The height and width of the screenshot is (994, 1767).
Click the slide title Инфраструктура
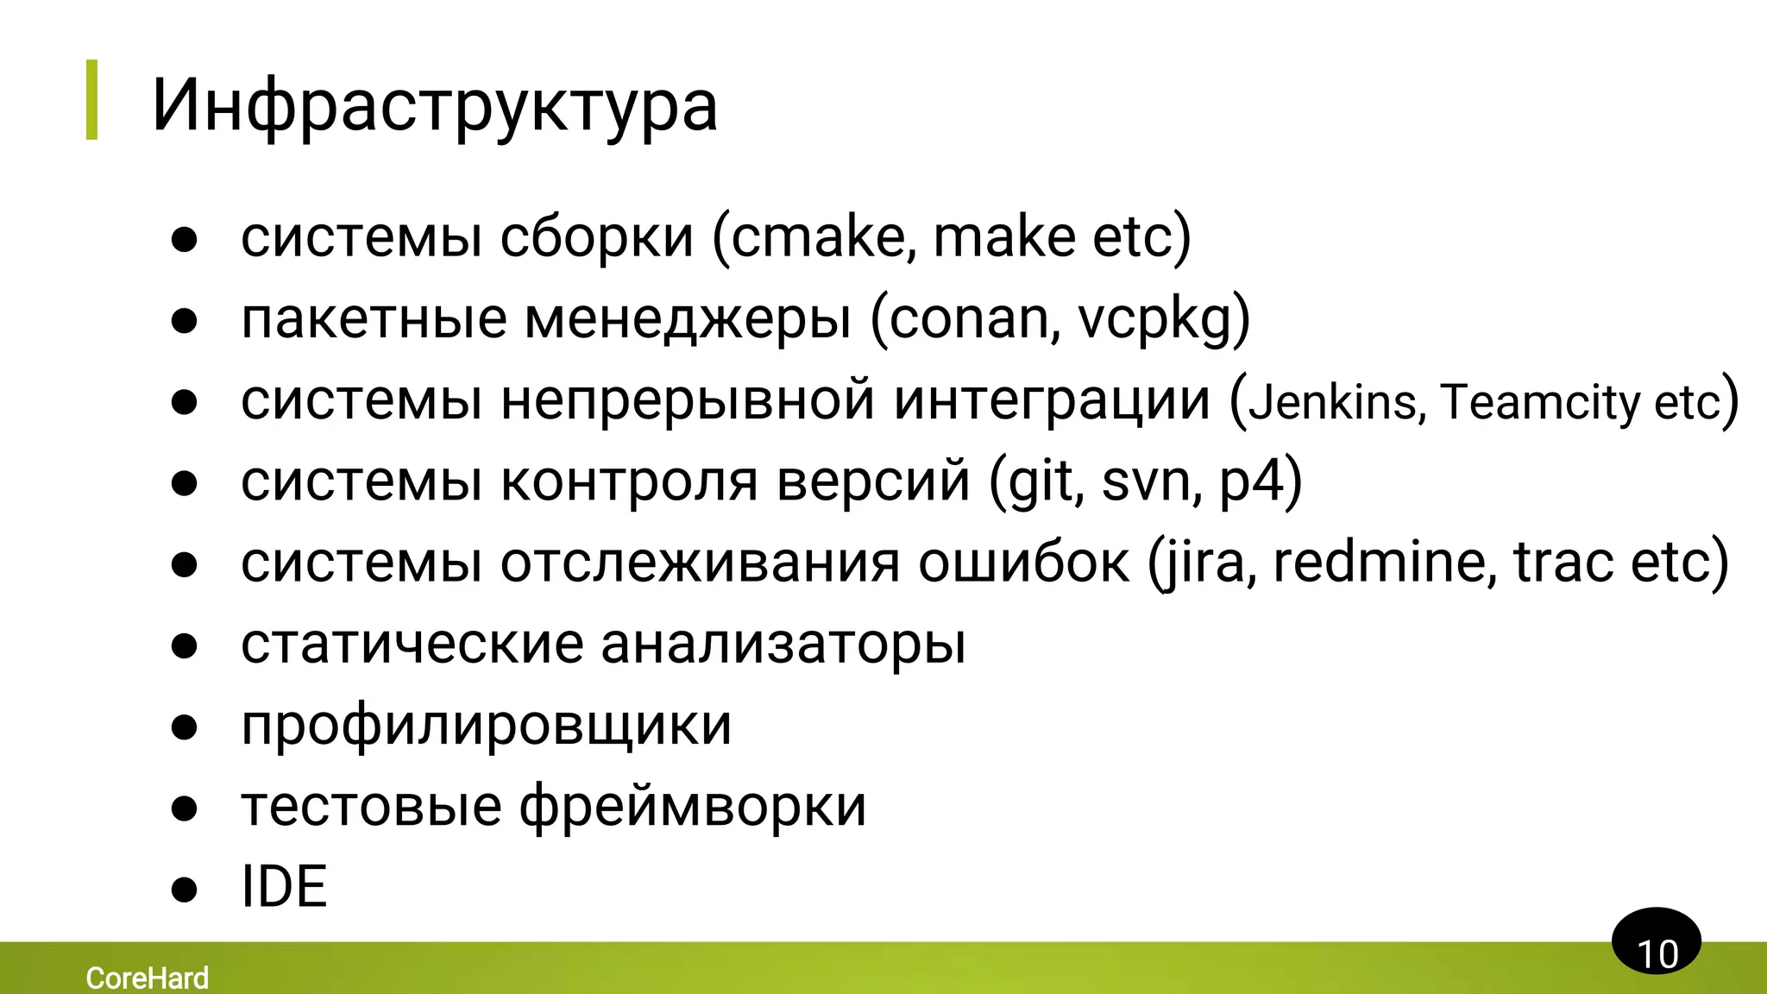coord(434,105)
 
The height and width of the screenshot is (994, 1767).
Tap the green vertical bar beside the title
coord(91,99)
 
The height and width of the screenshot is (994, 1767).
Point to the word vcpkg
coord(1156,318)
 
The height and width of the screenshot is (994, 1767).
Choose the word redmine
coord(1384,562)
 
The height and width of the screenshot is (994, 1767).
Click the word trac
coord(1563,562)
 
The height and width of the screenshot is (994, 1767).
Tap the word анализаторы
coord(783,644)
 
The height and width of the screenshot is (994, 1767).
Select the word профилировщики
coord(487,725)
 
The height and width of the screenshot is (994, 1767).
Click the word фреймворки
coord(693,807)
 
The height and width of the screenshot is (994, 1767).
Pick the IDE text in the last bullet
coord(284,887)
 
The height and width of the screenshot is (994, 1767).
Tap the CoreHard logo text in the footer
coord(148,978)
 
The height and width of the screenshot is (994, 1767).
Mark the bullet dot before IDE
coord(185,889)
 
